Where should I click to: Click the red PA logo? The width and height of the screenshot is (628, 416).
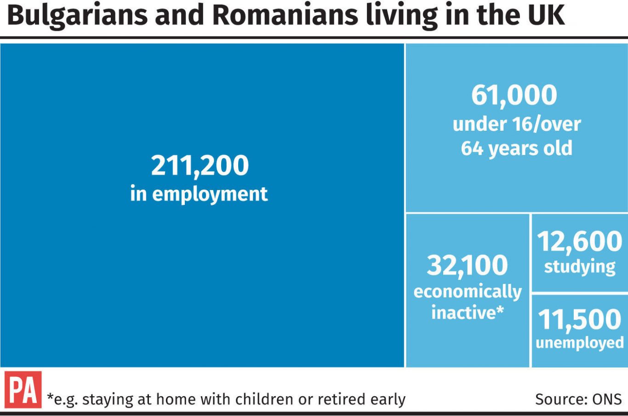(23, 390)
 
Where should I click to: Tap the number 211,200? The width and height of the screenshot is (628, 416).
(200, 166)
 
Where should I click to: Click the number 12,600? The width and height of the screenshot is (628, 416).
(580, 242)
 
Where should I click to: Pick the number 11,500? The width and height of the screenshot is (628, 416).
(580, 320)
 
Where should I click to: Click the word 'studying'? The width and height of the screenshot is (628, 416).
(580, 267)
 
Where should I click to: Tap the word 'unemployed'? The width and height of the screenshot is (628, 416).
(580, 343)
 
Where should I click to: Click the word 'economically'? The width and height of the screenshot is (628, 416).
(468, 292)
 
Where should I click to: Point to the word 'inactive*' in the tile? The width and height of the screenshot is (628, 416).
(468, 312)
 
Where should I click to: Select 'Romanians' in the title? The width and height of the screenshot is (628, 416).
(285, 15)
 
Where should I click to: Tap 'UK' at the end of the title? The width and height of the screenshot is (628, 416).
(546, 15)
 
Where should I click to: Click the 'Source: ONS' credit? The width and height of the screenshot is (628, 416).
(578, 399)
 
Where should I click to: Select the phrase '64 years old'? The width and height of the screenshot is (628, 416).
(517, 149)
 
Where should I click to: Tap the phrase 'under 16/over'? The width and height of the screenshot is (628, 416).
(517, 124)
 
